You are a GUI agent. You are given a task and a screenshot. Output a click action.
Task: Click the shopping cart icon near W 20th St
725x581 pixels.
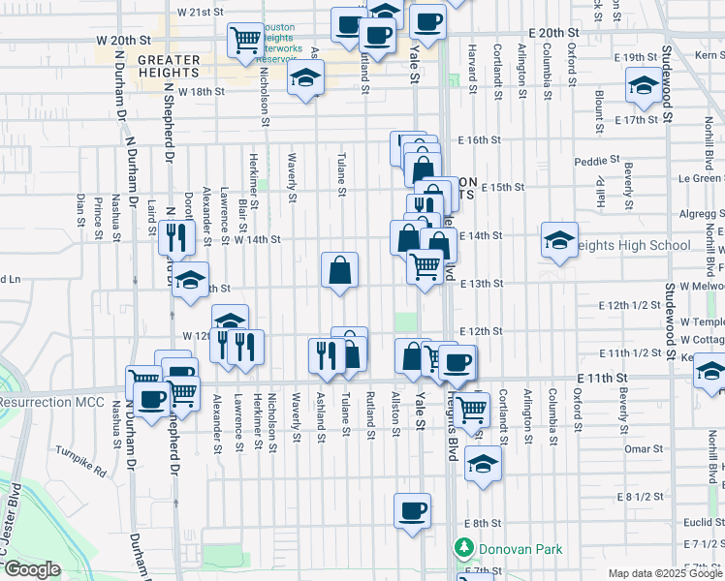(245, 40)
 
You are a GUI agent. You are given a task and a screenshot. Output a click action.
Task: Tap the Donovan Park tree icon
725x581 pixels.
(465, 549)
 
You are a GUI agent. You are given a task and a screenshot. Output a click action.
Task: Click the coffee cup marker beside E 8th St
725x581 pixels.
(412, 510)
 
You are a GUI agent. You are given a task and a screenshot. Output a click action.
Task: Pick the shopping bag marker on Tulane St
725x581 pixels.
(340, 270)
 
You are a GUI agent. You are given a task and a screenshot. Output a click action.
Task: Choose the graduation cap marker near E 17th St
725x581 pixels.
(642, 86)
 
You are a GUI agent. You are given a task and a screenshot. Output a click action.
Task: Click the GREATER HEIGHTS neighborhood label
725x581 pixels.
(169, 66)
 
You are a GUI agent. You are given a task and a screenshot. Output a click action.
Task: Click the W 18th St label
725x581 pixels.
(201, 92)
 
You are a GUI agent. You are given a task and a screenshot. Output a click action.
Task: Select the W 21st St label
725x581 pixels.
(201, 14)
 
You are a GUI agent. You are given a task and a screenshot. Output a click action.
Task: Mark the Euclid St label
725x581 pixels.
(697, 521)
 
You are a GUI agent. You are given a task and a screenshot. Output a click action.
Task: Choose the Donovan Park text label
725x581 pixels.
(523, 549)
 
